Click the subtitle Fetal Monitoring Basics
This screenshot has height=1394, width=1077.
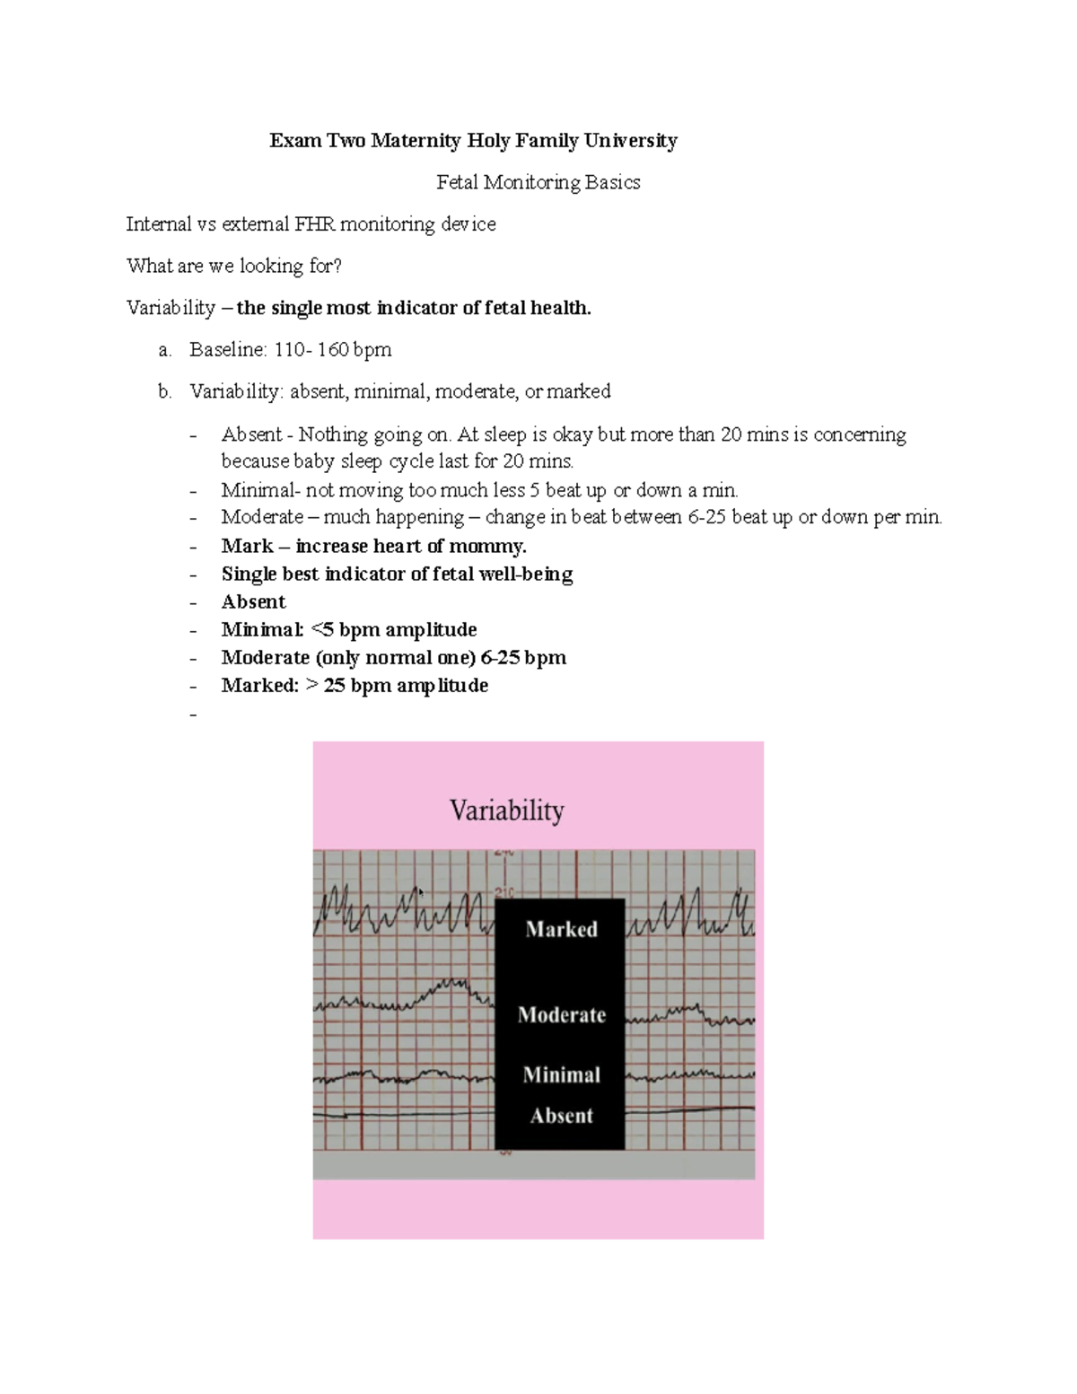point(538,182)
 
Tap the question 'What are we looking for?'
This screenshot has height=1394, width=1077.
point(234,266)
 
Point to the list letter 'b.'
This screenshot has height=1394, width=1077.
point(164,391)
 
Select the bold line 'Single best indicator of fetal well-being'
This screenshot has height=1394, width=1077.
point(397,574)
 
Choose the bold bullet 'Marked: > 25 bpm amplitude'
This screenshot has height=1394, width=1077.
point(355,685)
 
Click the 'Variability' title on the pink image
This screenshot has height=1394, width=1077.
point(507,811)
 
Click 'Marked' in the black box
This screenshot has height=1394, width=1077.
point(561,929)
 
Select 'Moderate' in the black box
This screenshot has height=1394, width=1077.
point(562,1015)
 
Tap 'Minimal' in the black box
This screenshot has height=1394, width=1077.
point(562,1074)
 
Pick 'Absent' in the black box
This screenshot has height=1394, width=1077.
point(562,1116)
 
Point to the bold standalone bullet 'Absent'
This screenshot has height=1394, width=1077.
point(253,601)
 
